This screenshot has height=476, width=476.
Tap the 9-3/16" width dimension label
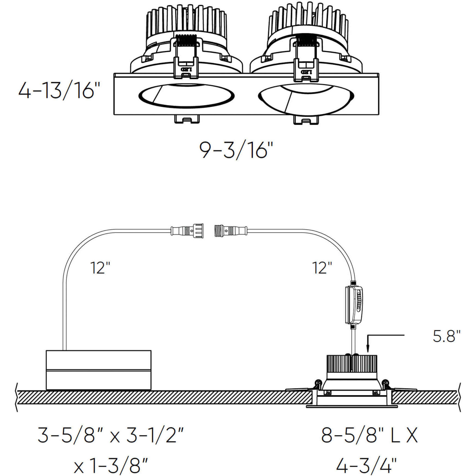[x=236, y=150]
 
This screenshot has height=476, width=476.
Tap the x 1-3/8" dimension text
[x=111, y=466]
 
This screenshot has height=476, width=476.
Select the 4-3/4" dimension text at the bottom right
[x=366, y=466]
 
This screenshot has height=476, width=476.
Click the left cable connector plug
[x=187, y=231]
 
